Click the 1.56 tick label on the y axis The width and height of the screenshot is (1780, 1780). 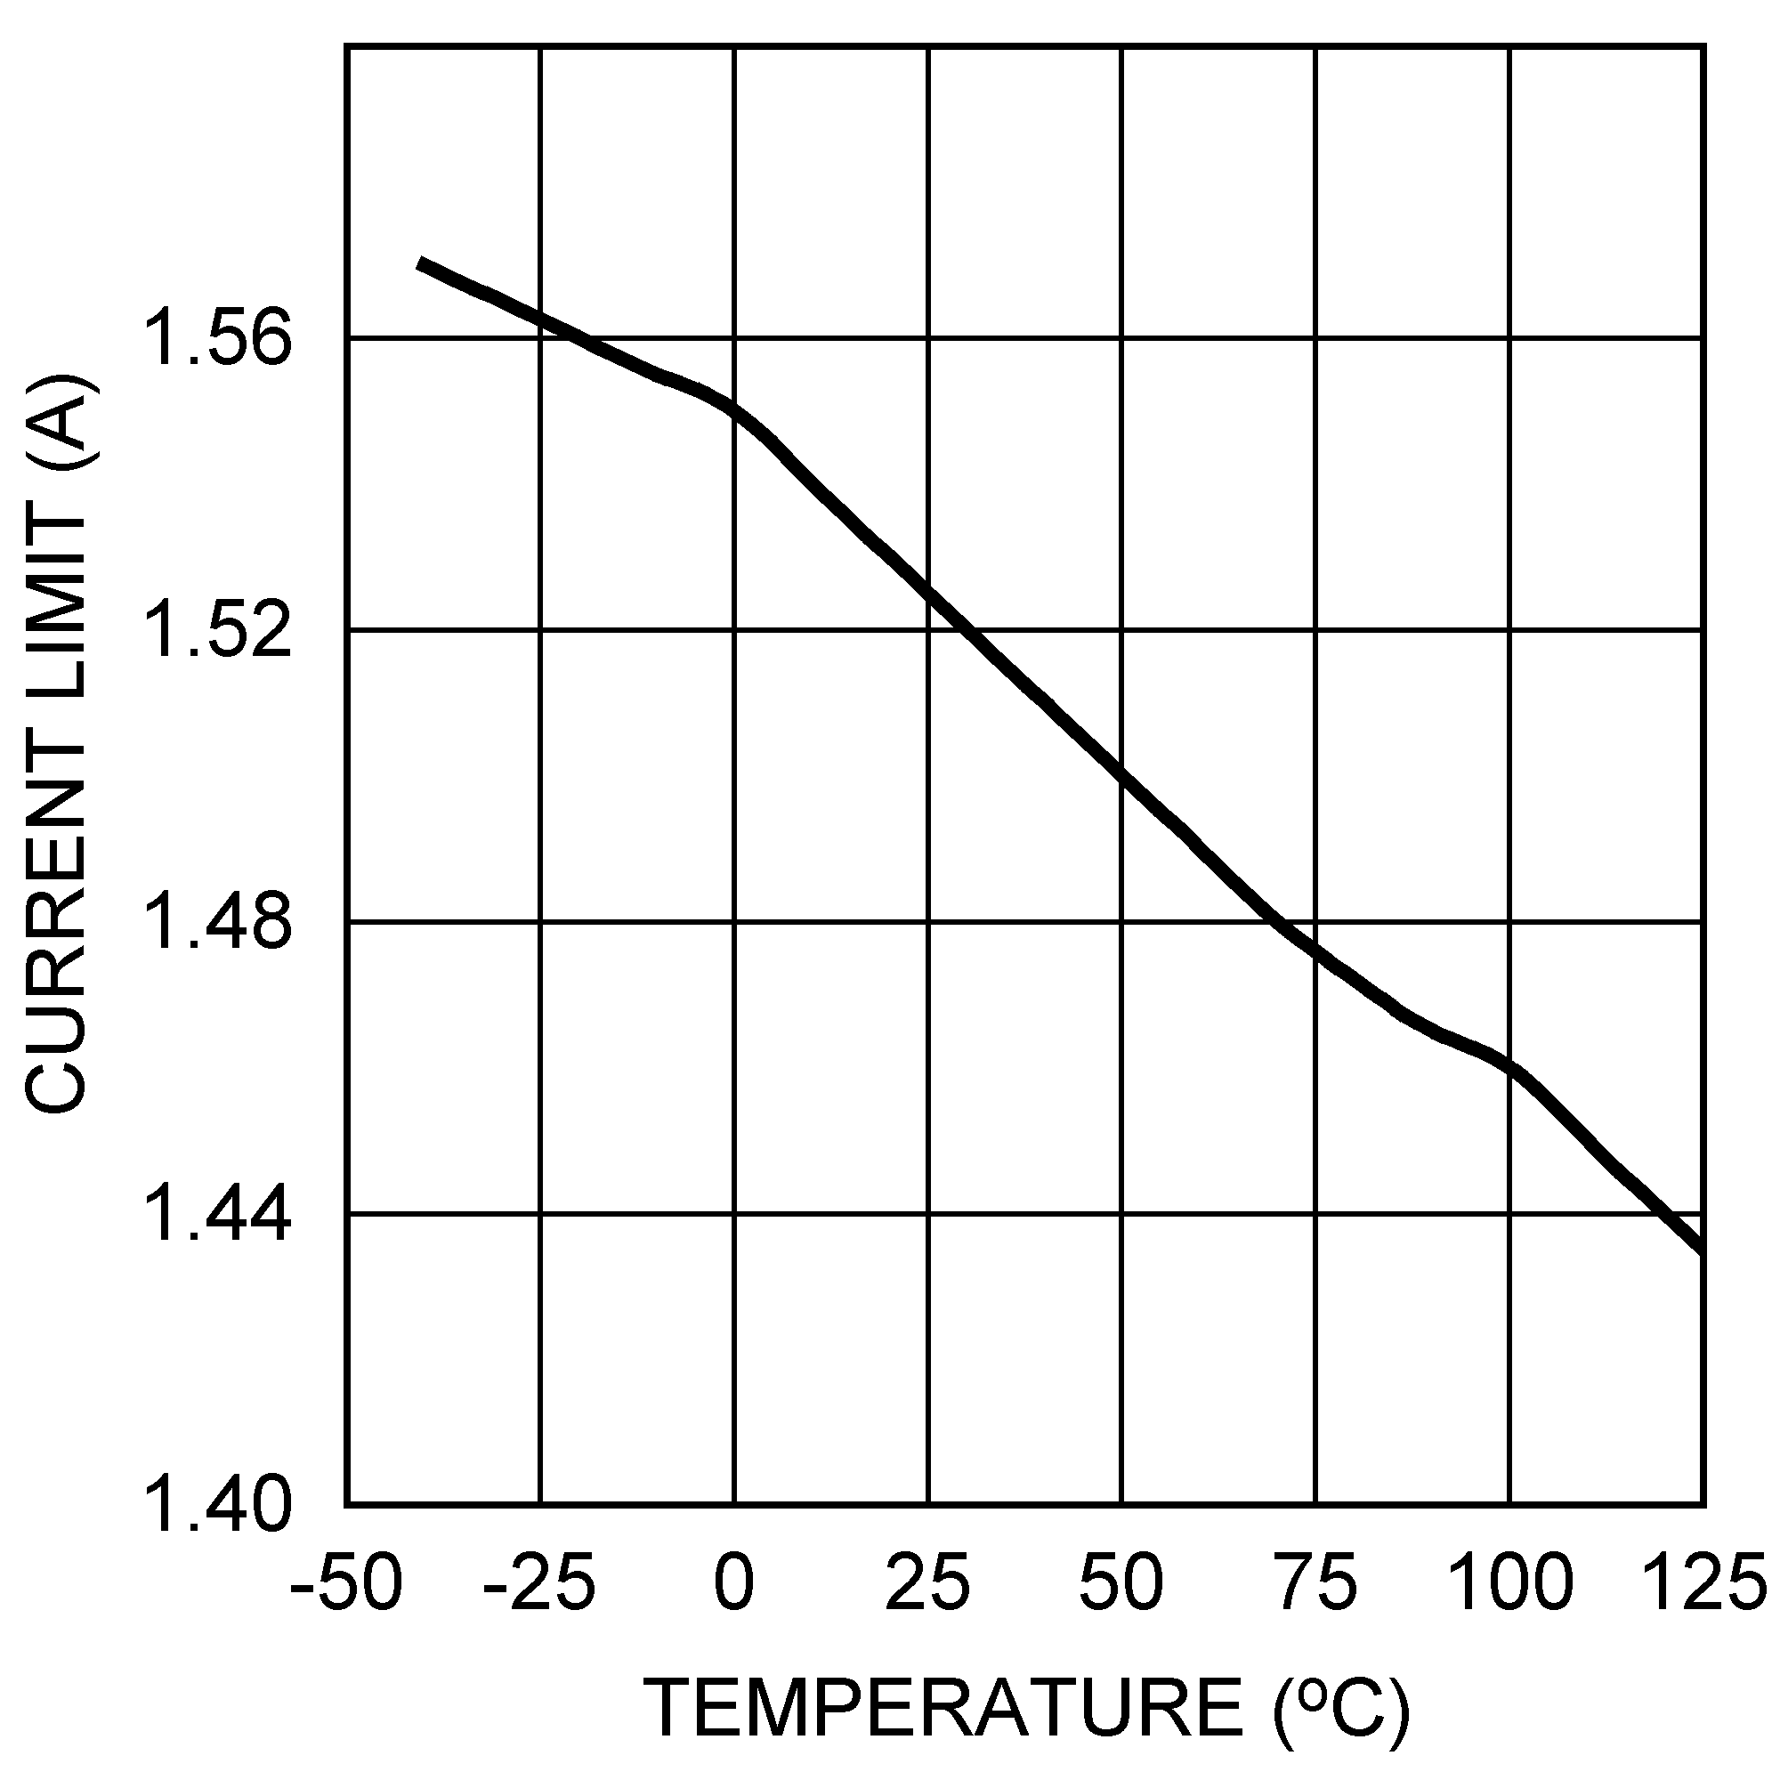coord(219,340)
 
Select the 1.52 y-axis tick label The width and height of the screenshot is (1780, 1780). coord(219,632)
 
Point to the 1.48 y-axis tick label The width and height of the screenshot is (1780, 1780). coord(219,923)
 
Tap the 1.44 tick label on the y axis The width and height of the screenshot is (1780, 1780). coord(219,1215)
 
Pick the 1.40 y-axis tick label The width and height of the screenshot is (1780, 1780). coord(219,1504)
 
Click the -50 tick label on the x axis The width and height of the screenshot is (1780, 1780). coord(346,1582)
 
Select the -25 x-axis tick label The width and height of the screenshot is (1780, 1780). coord(540,1582)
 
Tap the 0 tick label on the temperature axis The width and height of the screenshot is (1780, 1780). coord(734,1582)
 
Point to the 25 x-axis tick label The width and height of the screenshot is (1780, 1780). coord(927,1582)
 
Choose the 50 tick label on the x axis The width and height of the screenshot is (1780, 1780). coord(1122,1582)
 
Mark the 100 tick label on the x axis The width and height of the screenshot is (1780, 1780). coord(1510,1582)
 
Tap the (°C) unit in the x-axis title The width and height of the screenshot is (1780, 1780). coord(1340,1706)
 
